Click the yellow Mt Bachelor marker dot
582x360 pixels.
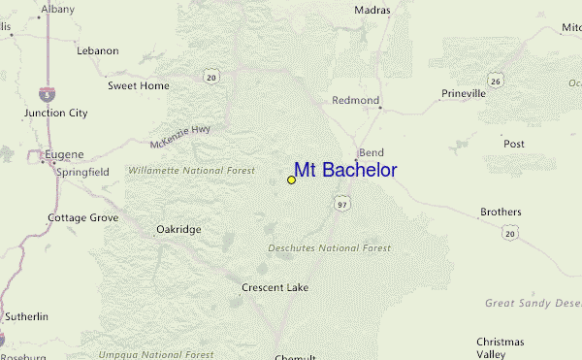tap(291, 180)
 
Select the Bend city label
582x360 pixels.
tap(372, 153)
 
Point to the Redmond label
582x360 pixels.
tap(354, 100)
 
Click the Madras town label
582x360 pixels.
tap(372, 10)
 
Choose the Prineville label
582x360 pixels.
tap(463, 94)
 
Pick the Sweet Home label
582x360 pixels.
tap(138, 85)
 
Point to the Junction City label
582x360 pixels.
tap(56, 113)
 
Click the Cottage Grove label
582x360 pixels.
tap(83, 217)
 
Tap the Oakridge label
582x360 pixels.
tap(178, 230)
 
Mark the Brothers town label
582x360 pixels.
tap(501, 212)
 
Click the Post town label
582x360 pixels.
tap(514, 144)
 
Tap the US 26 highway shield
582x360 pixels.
tap(495, 82)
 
